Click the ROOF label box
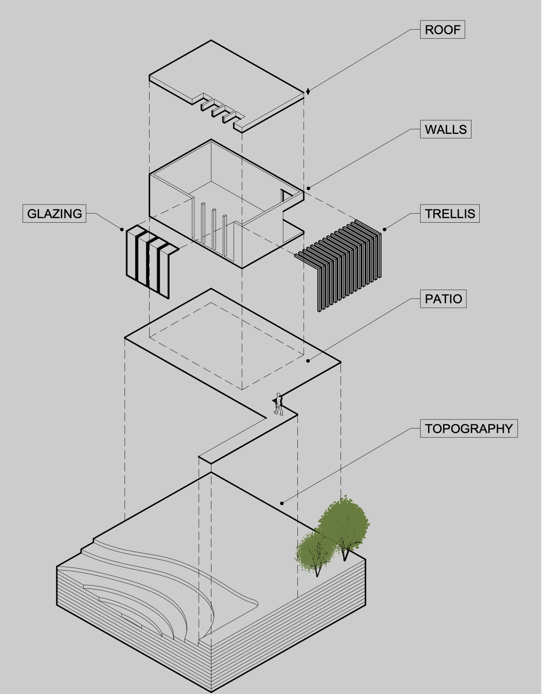442,30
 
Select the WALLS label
446,129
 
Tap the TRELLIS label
450,213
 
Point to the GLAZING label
55,213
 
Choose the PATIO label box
443,299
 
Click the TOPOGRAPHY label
469,429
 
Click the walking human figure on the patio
278,404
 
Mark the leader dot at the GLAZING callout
122,230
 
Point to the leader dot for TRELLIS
385,230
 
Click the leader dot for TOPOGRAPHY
282,503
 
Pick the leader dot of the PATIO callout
308,361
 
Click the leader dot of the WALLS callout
308,189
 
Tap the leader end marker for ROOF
308,92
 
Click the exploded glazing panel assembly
150,260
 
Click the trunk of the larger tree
345,554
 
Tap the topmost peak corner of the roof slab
211,40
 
